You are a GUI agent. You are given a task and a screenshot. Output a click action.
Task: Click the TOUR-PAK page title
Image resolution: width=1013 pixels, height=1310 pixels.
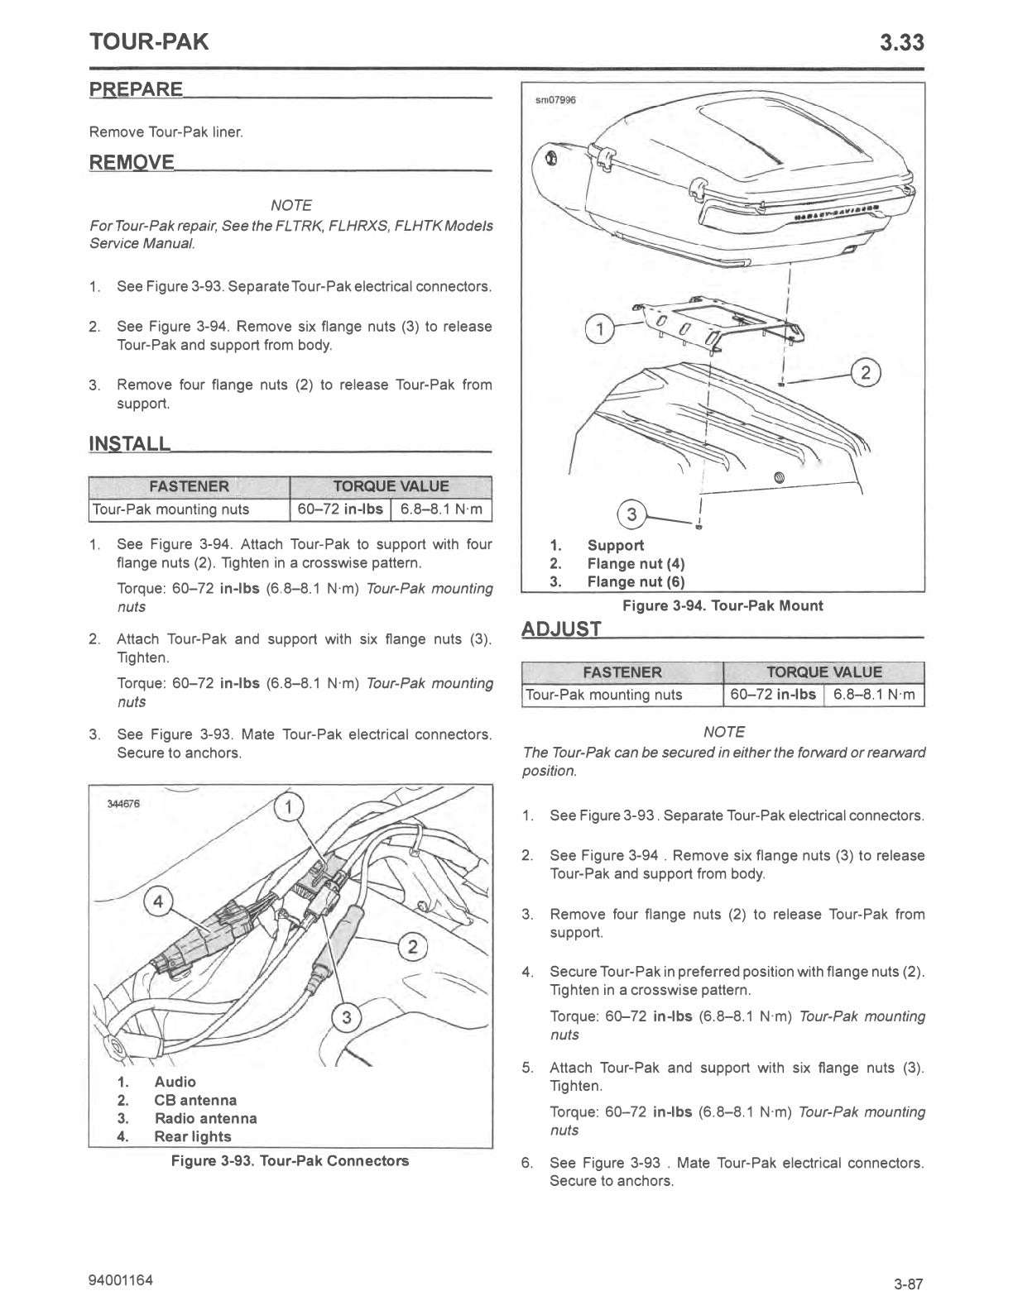[x=149, y=42]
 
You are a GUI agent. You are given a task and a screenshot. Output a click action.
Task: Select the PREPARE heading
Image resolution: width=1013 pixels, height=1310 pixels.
[x=136, y=88]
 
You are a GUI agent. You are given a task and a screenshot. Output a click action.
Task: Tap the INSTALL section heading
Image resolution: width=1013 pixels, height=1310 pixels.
[x=130, y=443]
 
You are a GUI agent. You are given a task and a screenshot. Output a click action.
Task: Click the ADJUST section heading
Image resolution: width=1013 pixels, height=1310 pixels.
[x=561, y=629]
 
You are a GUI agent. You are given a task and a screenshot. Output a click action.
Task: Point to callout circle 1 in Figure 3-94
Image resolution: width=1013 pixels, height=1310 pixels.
[x=599, y=329]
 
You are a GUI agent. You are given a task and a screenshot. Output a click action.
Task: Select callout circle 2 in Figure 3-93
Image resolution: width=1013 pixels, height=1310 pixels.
[x=412, y=945]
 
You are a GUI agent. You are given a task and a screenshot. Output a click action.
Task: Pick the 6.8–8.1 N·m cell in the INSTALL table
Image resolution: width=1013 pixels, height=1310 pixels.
[x=441, y=509]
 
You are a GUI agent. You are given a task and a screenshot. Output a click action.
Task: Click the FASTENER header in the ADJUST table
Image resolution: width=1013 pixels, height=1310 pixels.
[x=622, y=672]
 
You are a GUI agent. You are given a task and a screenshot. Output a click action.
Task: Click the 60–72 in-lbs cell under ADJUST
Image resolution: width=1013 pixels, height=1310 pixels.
[x=773, y=695]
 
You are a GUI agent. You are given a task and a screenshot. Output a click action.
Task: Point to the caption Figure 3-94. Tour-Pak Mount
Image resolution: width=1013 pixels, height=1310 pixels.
[x=723, y=606]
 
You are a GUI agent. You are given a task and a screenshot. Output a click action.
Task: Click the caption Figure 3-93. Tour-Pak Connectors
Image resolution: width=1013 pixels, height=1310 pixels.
[x=290, y=1160]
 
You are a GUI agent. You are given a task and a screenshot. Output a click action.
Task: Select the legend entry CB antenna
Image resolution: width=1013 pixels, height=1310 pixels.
[x=195, y=1100]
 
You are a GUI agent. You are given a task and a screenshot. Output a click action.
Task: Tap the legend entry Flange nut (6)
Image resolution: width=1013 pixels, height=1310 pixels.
[x=636, y=581]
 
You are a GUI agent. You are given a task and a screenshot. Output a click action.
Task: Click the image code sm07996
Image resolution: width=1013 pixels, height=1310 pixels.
[x=555, y=100]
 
